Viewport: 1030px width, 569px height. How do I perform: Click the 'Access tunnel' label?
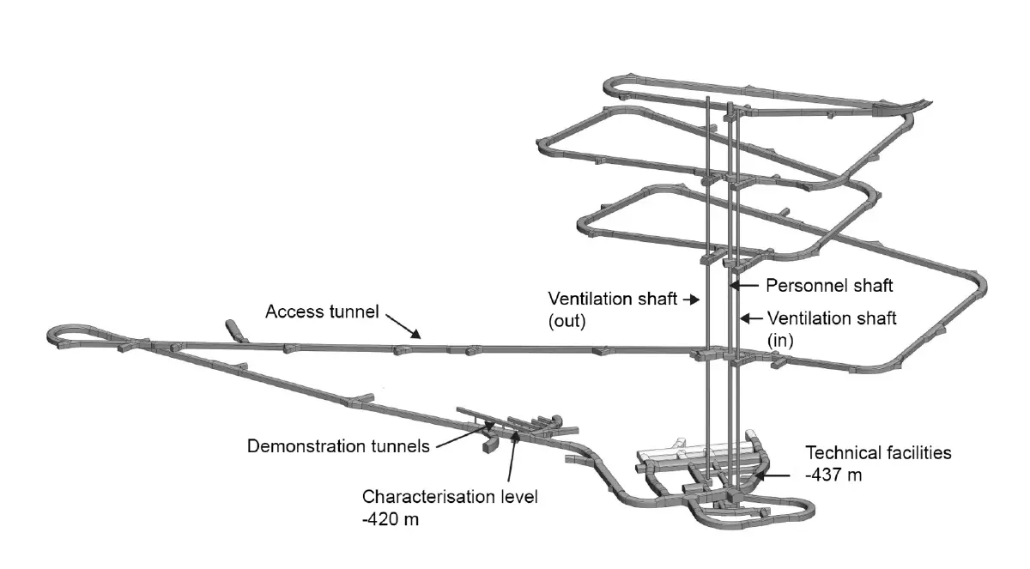coord(322,312)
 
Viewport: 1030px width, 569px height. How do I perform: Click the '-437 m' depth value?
coord(833,474)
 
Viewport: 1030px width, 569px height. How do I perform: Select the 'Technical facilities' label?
coord(877,452)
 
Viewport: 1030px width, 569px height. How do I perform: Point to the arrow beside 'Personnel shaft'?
coord(745,284)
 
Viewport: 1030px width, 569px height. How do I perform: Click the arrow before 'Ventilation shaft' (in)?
coord(751,318)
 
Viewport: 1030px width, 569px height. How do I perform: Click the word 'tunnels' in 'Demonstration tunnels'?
coord(401,446)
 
